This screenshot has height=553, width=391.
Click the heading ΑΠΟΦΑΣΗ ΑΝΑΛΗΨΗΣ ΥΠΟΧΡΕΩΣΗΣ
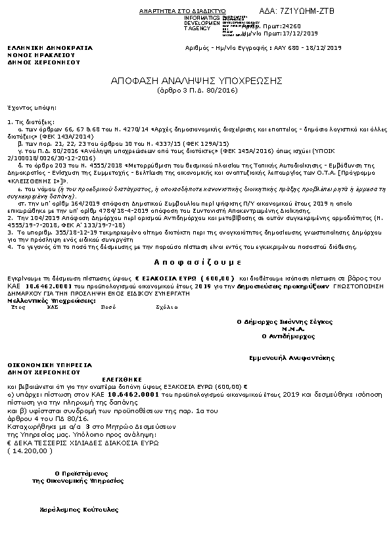coord(196,80)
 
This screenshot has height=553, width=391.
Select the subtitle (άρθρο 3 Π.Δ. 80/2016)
coord(196,91)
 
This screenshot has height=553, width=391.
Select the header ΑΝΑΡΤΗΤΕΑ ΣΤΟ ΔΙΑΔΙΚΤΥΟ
coord(183,12)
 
